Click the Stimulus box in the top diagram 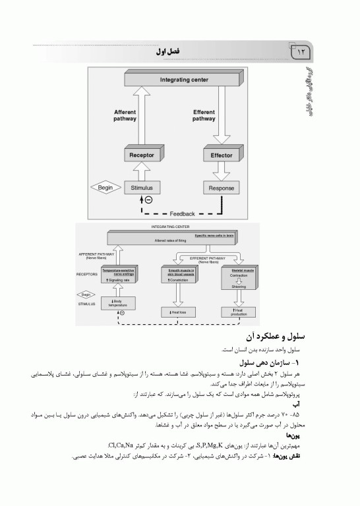click(x=141, y=188)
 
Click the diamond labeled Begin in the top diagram click(x=105, y=188)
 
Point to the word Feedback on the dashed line click(x=182, y=213)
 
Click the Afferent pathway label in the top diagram click(x=125, y=115)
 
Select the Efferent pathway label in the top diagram click(x=204, y=115)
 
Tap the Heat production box click(x=239, y=311)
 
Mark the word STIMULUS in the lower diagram click(x=88, y=304)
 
